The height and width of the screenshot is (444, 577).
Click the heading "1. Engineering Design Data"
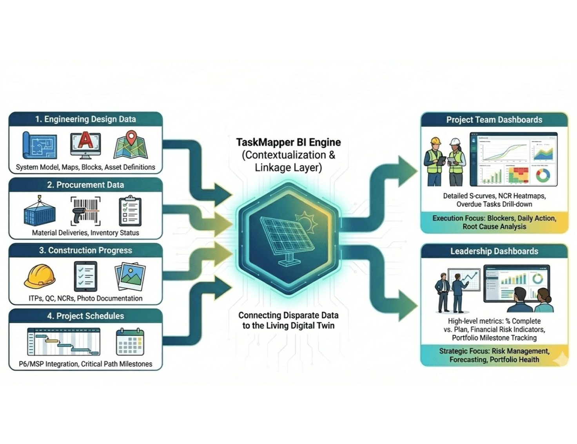click(85, 119)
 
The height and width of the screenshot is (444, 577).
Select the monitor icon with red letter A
click(85, 145)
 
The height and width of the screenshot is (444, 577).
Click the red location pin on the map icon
click(131, 137)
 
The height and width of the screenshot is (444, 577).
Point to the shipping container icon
click(39, 212)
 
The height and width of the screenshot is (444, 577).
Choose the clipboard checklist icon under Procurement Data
click(130, 212)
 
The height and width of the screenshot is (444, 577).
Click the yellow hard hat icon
click(40, 276)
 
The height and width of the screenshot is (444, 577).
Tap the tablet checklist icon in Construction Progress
click(85, 276)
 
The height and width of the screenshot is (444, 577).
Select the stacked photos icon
click(130, 276)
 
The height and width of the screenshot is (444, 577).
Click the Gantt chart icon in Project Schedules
click(64, 342)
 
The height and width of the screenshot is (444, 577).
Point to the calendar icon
click(130, 342)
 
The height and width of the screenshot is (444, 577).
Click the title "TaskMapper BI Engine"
click(288, 142)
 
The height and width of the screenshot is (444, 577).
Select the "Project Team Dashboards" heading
click(494, 120)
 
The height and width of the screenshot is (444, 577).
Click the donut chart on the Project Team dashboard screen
click(543, 176)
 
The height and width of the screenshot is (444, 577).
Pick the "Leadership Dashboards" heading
click(494, 251)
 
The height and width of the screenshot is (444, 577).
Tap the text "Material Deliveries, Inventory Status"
click(85, 233)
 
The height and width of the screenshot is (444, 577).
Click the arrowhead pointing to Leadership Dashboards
click(408, 305)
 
